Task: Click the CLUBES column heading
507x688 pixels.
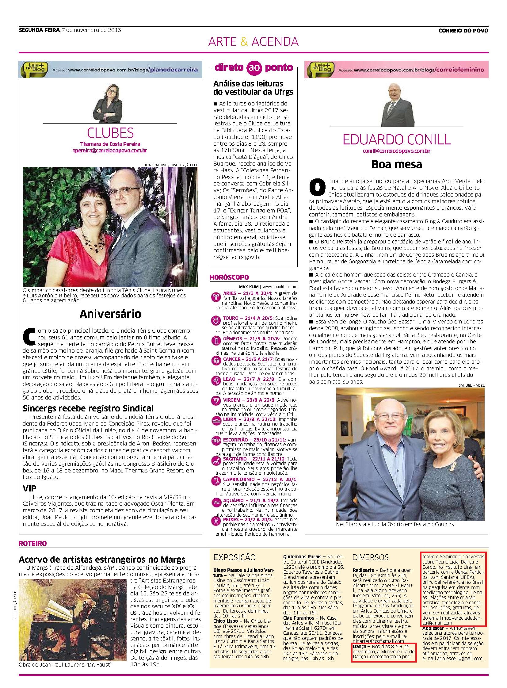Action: (110, 133)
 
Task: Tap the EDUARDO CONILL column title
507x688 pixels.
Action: (397, 140)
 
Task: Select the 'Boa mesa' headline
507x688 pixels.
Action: (397, 164)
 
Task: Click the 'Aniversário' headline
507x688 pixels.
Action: (110, 314)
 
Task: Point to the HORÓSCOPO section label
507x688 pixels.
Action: (229, 277)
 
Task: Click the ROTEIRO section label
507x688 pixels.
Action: (33, 543)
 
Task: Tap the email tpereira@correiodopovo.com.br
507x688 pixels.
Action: (110, 151)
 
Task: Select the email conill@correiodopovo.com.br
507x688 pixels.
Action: (397, 151)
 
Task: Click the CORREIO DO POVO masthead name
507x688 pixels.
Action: (463, 30)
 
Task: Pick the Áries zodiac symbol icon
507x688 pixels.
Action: (214, 296)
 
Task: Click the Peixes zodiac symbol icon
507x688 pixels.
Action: (214, 521)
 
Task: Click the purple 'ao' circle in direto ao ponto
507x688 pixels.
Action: (253, 68)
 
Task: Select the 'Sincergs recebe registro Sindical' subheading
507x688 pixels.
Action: (88, 408)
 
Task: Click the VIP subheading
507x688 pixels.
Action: (29, 488)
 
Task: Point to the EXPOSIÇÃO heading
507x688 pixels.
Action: (234, 557)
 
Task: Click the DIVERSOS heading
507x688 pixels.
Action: (370, 557)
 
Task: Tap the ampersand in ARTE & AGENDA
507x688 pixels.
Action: (244, 41)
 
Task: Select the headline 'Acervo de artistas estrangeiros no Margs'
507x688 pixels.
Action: (102, 560)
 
